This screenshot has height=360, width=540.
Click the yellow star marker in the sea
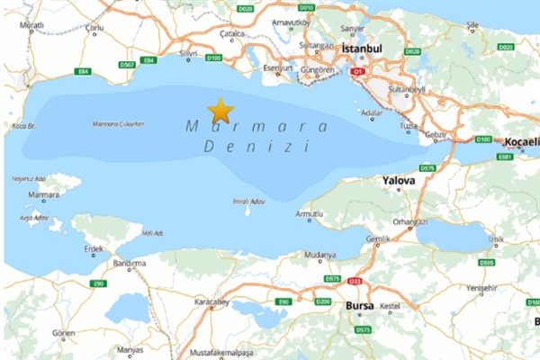point(220,111)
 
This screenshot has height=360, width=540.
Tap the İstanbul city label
point(363,48)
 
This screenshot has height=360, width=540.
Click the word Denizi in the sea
point(256,144)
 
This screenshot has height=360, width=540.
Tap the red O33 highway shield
point(355,281)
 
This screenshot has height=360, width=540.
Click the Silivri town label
point(187,55)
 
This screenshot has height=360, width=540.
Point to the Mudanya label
point(319,255)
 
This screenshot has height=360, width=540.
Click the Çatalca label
point(232,33)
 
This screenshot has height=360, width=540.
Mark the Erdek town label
point(93,248)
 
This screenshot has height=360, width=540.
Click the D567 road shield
point(127,64)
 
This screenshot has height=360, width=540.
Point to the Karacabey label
point(212,302)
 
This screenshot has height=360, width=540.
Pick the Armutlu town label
point(309,214)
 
